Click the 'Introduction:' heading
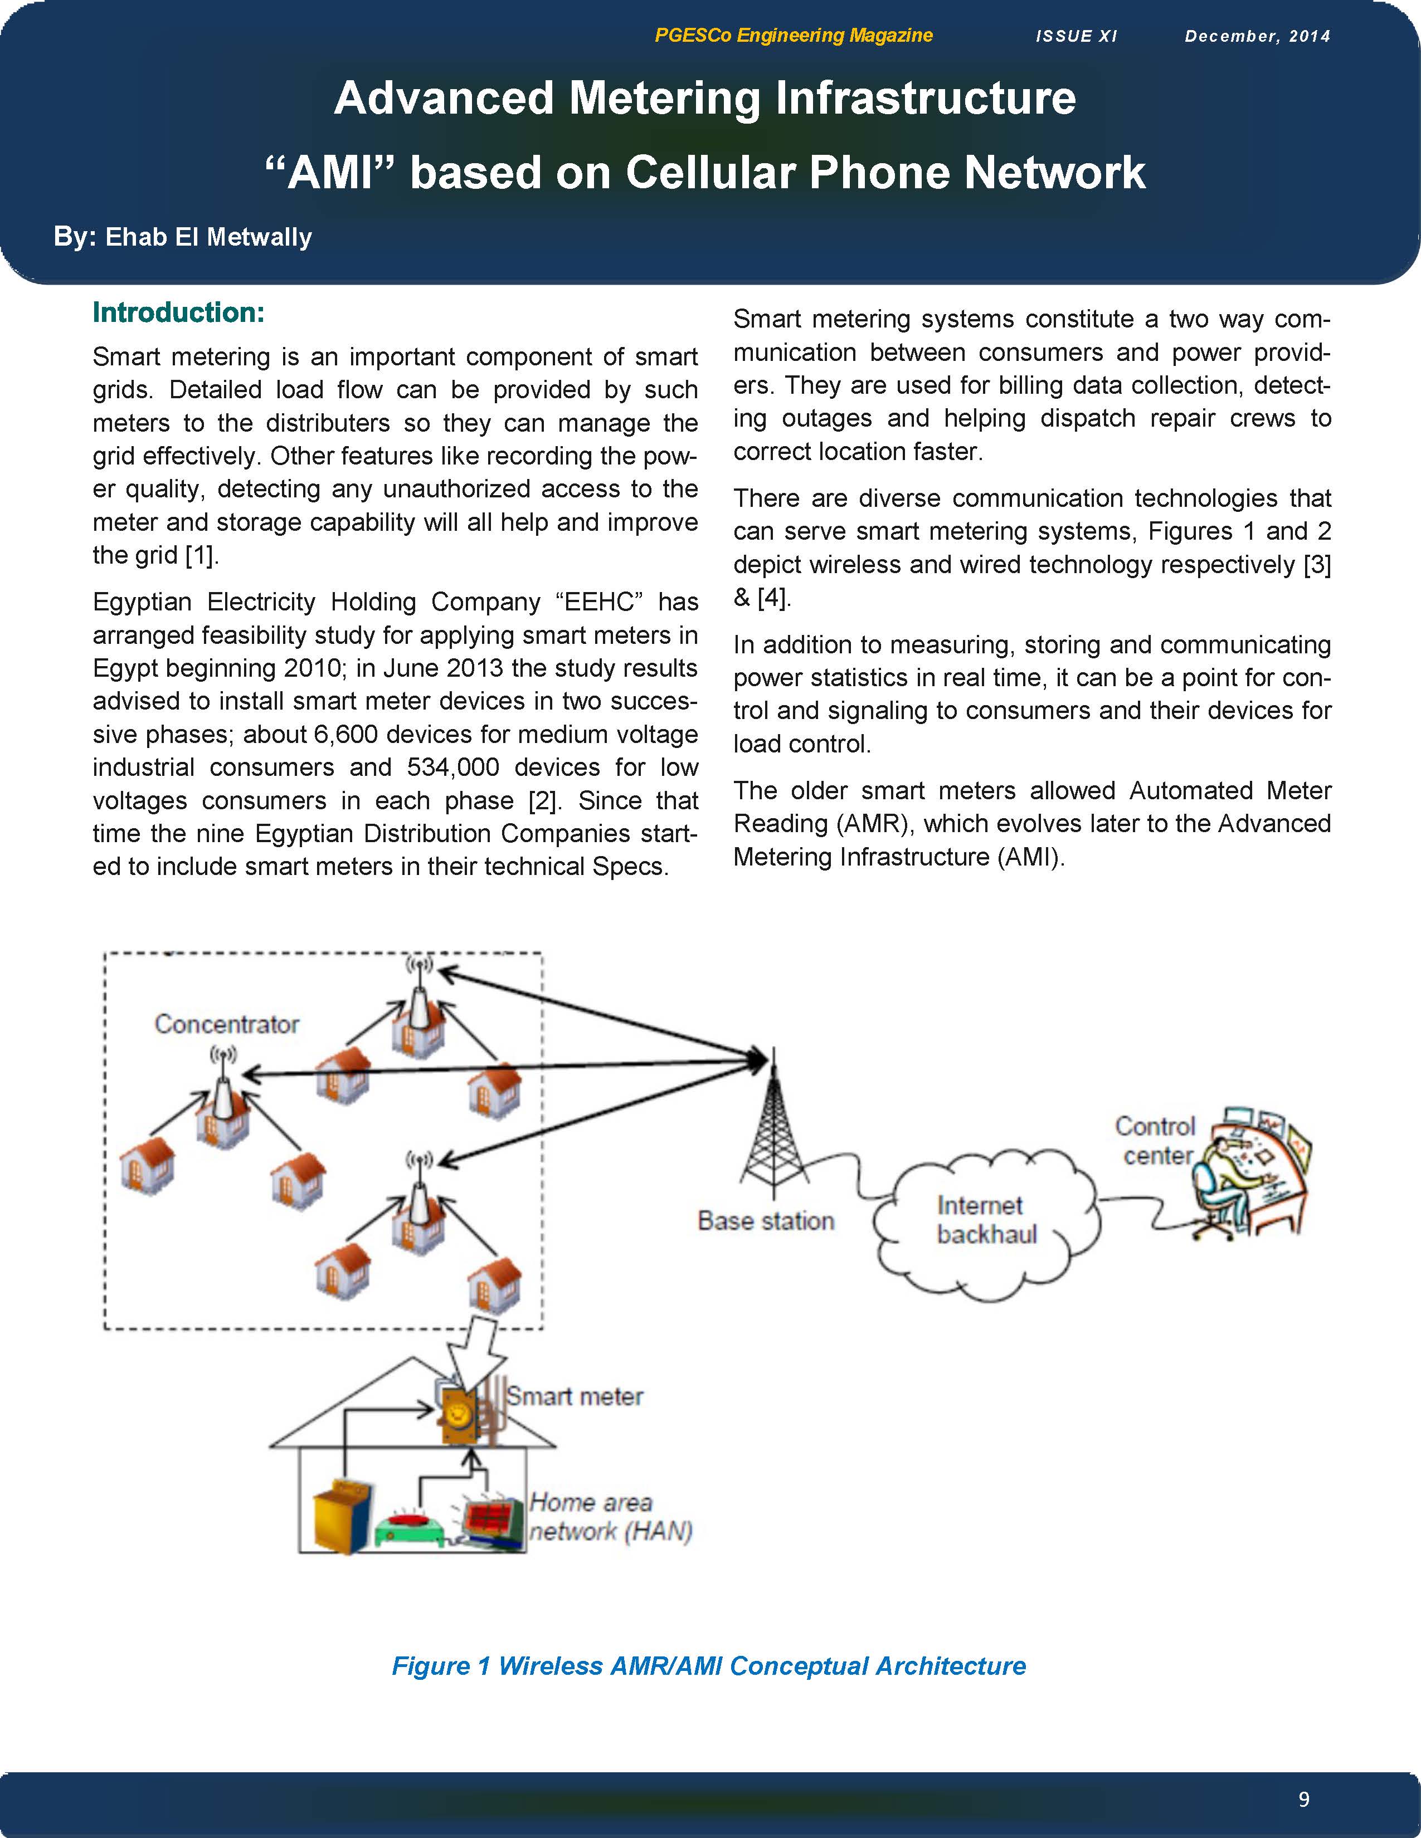coord(178,312)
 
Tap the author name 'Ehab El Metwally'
coord(209,237)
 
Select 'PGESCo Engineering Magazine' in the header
coord(793,35)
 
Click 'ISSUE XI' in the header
coord(1077,36)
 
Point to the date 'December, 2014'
coord(1258,36)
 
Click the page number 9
coord(1304,1799)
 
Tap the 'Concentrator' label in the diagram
coord(226,1024)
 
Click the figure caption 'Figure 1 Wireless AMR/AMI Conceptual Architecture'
coord(709,1665)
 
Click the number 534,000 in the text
coord(453,768)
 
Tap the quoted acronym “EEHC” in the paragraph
coord(600,602)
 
